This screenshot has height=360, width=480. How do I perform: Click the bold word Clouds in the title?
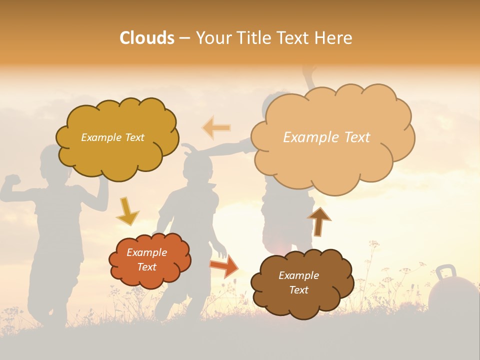click(x=147, y=38)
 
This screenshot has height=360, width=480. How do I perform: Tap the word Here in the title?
click(x=333, y=38)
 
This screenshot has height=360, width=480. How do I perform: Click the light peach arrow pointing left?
click(x=216, y=127)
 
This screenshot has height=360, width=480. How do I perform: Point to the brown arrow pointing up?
click(x=319, y=221)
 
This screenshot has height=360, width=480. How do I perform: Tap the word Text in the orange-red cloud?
click(x=147, y=267)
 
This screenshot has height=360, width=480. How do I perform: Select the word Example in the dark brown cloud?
click(x=298, y=275)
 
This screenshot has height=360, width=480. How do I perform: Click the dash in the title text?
click(x=184, y=38)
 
